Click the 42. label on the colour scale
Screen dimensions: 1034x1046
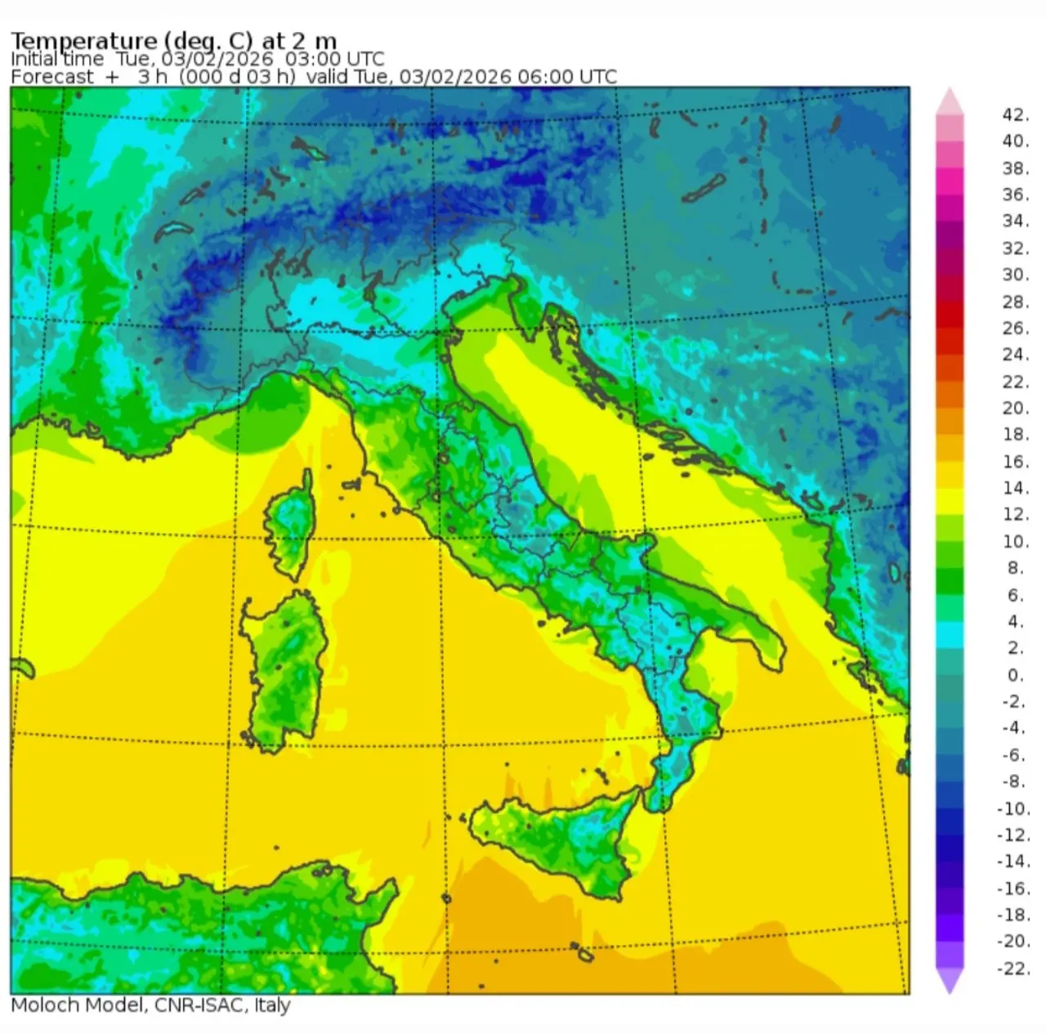1015,114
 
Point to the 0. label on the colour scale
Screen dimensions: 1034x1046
1015,675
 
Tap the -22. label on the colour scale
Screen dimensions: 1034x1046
1013,969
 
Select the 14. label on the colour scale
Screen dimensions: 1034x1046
1015,488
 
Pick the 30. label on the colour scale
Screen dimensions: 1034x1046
1015,275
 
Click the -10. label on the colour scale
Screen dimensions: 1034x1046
1013,808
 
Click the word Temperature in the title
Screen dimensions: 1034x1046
83,41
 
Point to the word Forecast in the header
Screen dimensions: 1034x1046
52,77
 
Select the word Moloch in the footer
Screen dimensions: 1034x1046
45,1005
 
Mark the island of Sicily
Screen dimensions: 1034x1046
564,842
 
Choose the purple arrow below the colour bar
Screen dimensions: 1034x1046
950,981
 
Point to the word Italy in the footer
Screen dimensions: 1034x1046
272,1005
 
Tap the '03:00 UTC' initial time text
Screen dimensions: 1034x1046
334,59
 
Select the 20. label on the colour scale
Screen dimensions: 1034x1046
1015,408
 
